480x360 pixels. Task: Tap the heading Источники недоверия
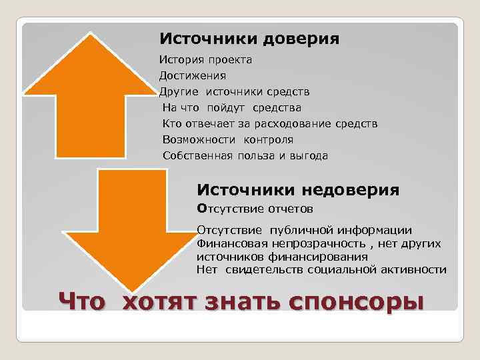[299, 190]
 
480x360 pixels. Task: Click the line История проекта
[205, 60]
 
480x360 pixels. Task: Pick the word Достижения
[193, 76]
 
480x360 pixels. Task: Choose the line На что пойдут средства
[232, 107]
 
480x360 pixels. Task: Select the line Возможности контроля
[228, 139]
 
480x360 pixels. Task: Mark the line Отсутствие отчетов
[255, 209]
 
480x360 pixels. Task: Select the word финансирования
[319, 256]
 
